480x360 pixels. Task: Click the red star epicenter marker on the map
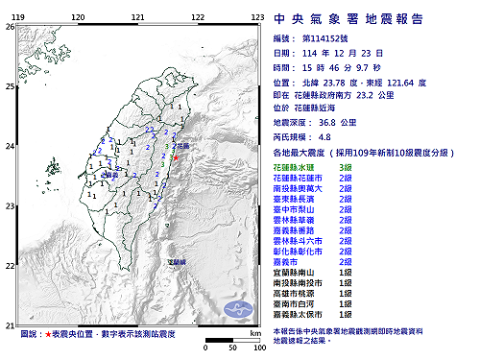pyautogui.click(x=177, y=158)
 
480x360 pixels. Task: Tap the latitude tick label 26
pyautogui.click(x=9, y=28)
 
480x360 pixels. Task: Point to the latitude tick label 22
pyautogui.click(x=9, y=265)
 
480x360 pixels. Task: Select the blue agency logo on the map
pyautogui.click(x=237, y=307)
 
